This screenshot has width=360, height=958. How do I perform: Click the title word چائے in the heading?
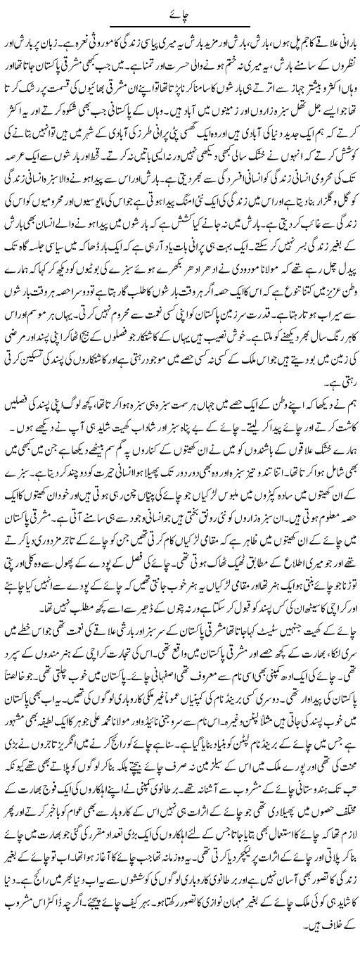point(180,9)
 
